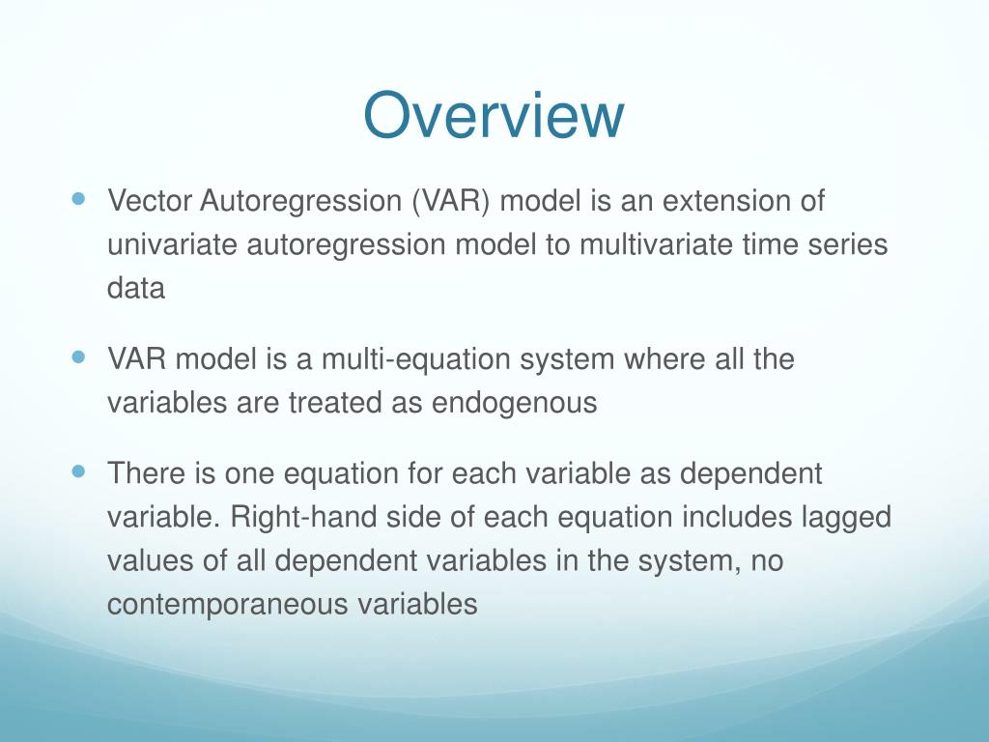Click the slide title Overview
[494, 115]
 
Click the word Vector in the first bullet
[150, 201]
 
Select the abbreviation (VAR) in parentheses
[450, 201]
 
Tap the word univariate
[172, 244]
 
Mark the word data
[136, 288]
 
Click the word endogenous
[514, 404]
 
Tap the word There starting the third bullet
[146, 473]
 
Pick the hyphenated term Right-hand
[303, 518]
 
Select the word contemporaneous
[228, 605]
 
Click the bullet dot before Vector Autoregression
[78, 199]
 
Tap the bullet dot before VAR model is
[78, 357]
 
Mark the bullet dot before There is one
[78, 471]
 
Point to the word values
[150, 560]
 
